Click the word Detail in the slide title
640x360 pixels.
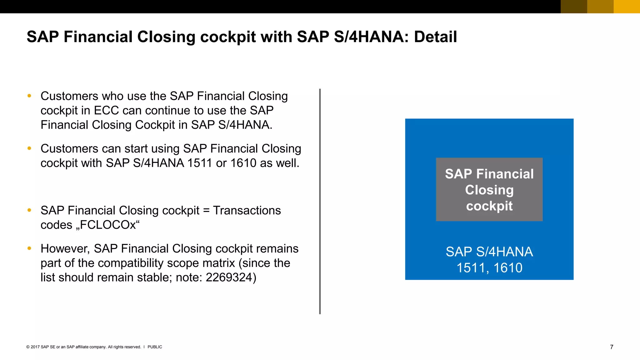click(x=435, y=37)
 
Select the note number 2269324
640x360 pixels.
click(x=229, y=277)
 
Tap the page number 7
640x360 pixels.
click(x=612, y=347)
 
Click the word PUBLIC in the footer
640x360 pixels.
click(x=155, y=347)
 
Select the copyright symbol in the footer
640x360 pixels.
click(x=28, y=347)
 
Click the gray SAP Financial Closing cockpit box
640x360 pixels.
click(x=489, y=189)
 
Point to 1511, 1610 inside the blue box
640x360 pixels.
click(x=489, y=268)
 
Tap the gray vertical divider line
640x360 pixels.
click(x=320, y=201)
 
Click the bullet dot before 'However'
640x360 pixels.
click(x=29, y=248)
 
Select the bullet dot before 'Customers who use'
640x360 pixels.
click(x=29, y=96)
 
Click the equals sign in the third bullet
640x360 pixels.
click(x=206, y=211)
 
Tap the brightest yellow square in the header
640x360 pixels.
click(x=627, y=7)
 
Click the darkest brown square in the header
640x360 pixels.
click(x=574, y=7)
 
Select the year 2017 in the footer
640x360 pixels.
click(x=35, y=347)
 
